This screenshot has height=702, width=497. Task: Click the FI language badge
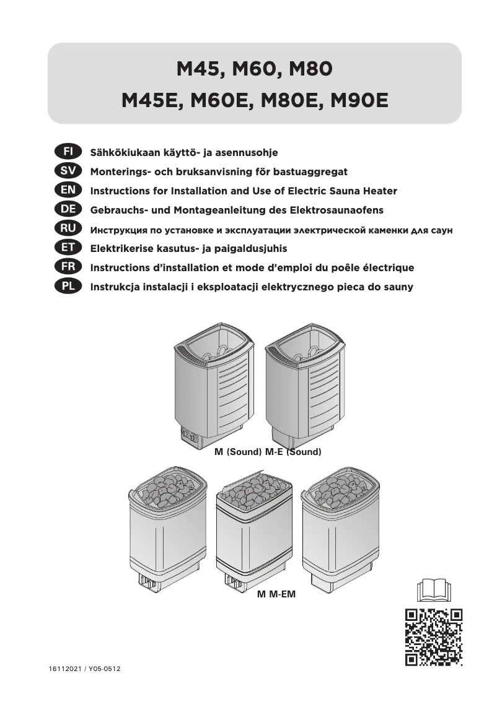[x=64, y=152]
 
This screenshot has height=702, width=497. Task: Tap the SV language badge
[x=64, y=171]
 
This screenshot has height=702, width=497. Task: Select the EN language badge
[x=64, y=190]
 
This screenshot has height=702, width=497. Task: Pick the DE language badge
[x=64, y=210]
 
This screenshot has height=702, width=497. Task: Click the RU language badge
[x=64, y=229]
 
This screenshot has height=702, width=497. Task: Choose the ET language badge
[x=64, y=248]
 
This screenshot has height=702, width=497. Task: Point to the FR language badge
[x=64, y=267]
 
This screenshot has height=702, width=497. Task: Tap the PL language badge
[x=64, y=287]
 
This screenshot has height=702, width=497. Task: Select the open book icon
[x=434, y=589]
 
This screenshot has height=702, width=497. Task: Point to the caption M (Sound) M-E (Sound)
[x=268, y=452]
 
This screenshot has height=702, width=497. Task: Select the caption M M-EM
[x=276, y=595]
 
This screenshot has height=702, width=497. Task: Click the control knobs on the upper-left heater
[x=189, y=438]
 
